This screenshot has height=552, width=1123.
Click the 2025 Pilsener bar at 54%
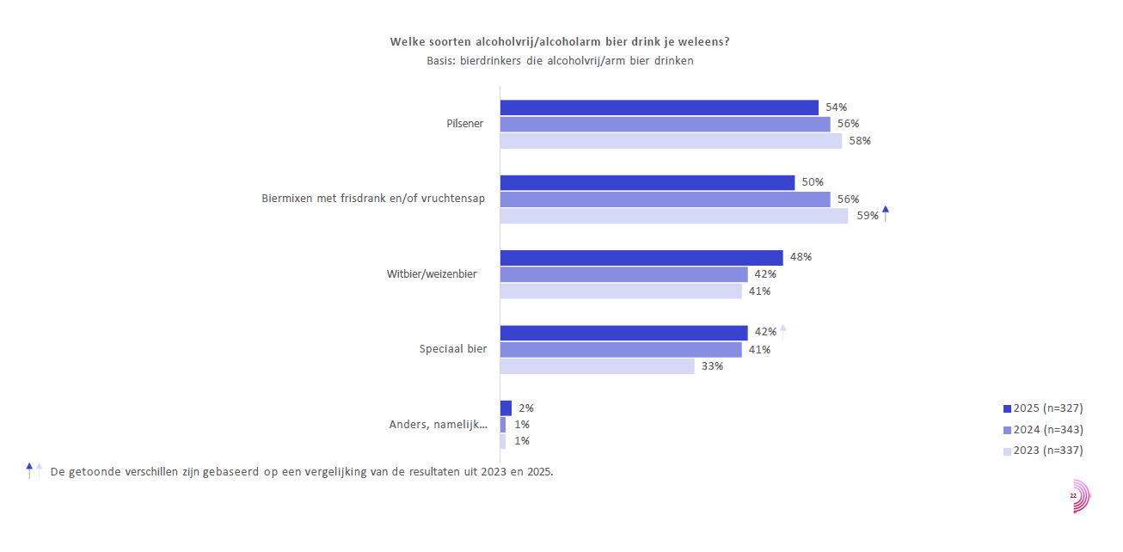[659, 107]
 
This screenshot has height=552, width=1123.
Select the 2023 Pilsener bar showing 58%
[671, 141]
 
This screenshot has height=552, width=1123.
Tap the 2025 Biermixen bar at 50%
[647, 182]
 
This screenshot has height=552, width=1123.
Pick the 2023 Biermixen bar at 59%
[673, 216]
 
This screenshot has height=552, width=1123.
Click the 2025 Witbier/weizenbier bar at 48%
[641, 257]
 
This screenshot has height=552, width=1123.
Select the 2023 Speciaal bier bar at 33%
[597, 366]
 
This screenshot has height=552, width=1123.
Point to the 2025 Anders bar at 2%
[506, 408]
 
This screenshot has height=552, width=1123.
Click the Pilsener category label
[464, 124]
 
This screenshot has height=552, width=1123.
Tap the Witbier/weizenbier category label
[432, 274]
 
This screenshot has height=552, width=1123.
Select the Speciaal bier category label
[453, 349]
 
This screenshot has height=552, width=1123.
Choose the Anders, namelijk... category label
[439, 425]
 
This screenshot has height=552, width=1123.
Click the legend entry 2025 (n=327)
[1043, 408]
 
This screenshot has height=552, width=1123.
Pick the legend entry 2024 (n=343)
[1043, 429]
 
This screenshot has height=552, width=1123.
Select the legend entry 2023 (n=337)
[1043, 450]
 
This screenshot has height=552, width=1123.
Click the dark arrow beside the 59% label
[886, 213]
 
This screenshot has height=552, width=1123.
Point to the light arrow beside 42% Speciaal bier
[783, 331]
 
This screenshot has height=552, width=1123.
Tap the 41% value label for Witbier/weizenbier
[759, 291]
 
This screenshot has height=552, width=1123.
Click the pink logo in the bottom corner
[1079, 496]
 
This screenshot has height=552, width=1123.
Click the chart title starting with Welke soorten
[560, 41]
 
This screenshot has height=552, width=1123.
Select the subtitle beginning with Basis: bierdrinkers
[560, 61]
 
